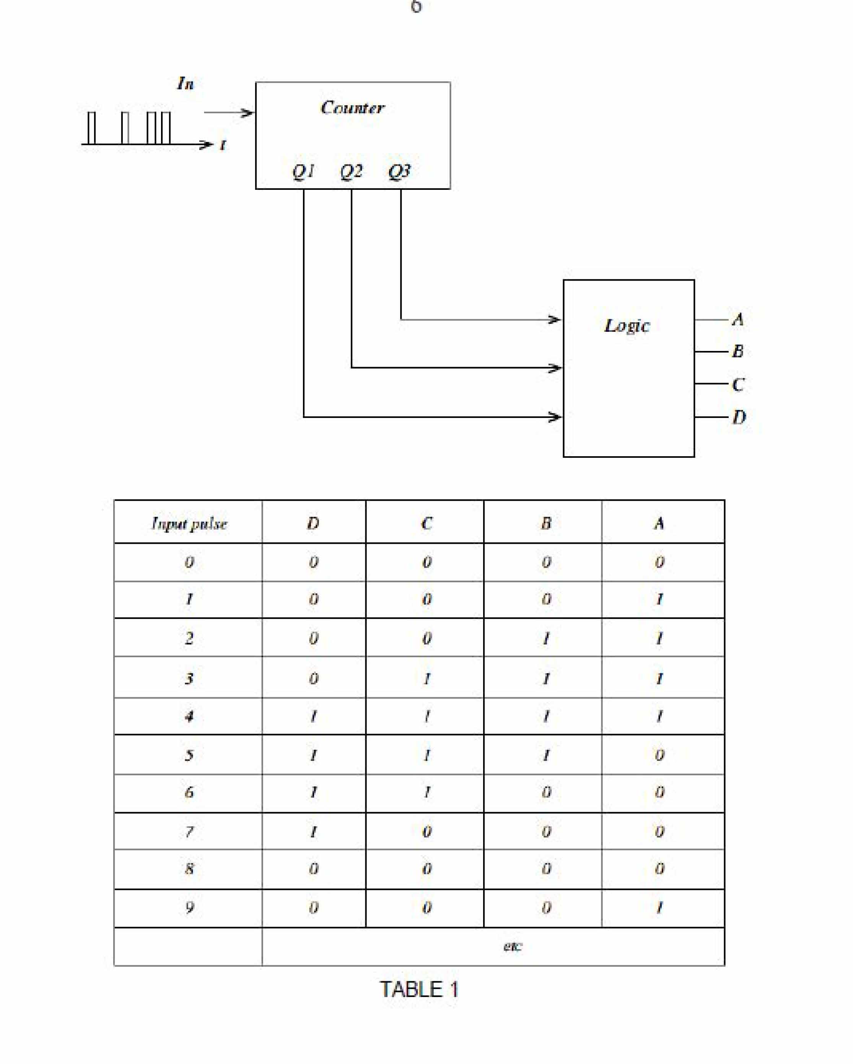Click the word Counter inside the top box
click(352, 108)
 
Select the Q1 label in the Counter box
click(303, 171)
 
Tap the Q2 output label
click(351, 171)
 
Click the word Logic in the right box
click(627, 326)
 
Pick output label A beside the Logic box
click(737, 319)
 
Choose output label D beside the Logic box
click(739, 418)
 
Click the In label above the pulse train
click(186, 83)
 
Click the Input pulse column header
click(189, 524)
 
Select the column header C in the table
click(427, 523)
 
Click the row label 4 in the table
click(189, 716)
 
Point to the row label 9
click(189, 907)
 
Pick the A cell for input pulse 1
click(659, 600)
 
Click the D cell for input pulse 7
click(313, 832)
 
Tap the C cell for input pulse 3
click(427, 679)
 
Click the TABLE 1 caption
click(419, 989)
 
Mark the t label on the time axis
click(223, 145)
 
